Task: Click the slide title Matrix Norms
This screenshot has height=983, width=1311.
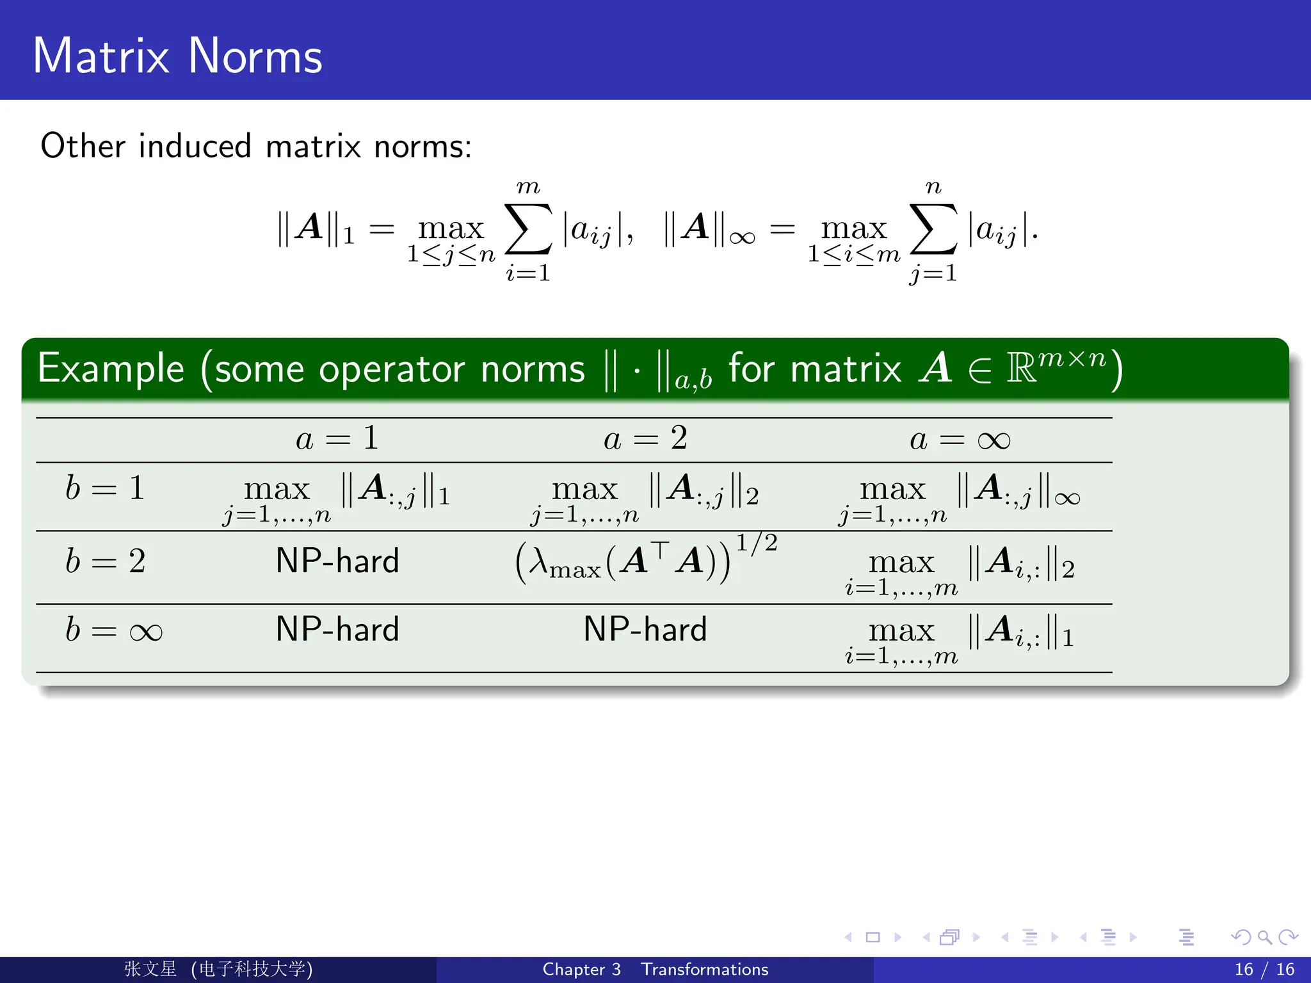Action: tap(177, 56)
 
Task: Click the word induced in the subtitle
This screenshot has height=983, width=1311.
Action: tap(195, 146)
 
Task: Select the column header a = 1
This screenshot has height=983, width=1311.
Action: tap(337, 440)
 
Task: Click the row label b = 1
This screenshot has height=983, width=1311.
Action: tap(105, 489)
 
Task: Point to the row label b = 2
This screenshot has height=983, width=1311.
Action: tap(105, 562)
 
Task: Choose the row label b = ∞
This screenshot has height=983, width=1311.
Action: tap(113, 630)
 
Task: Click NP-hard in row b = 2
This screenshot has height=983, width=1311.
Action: tap(337, 561)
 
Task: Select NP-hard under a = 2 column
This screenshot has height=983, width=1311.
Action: tap(645, 630)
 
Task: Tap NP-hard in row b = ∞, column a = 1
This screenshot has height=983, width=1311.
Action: tap(337, 630)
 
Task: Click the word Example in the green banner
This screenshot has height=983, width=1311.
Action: tap(111, 369)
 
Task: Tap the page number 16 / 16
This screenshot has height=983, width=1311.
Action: tap(1264, 970)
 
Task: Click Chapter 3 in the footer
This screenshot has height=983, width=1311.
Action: tap(581, 970)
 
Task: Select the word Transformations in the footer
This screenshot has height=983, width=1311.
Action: tap(704, 970)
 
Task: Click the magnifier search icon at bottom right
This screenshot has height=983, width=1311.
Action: tap(1264, 938)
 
